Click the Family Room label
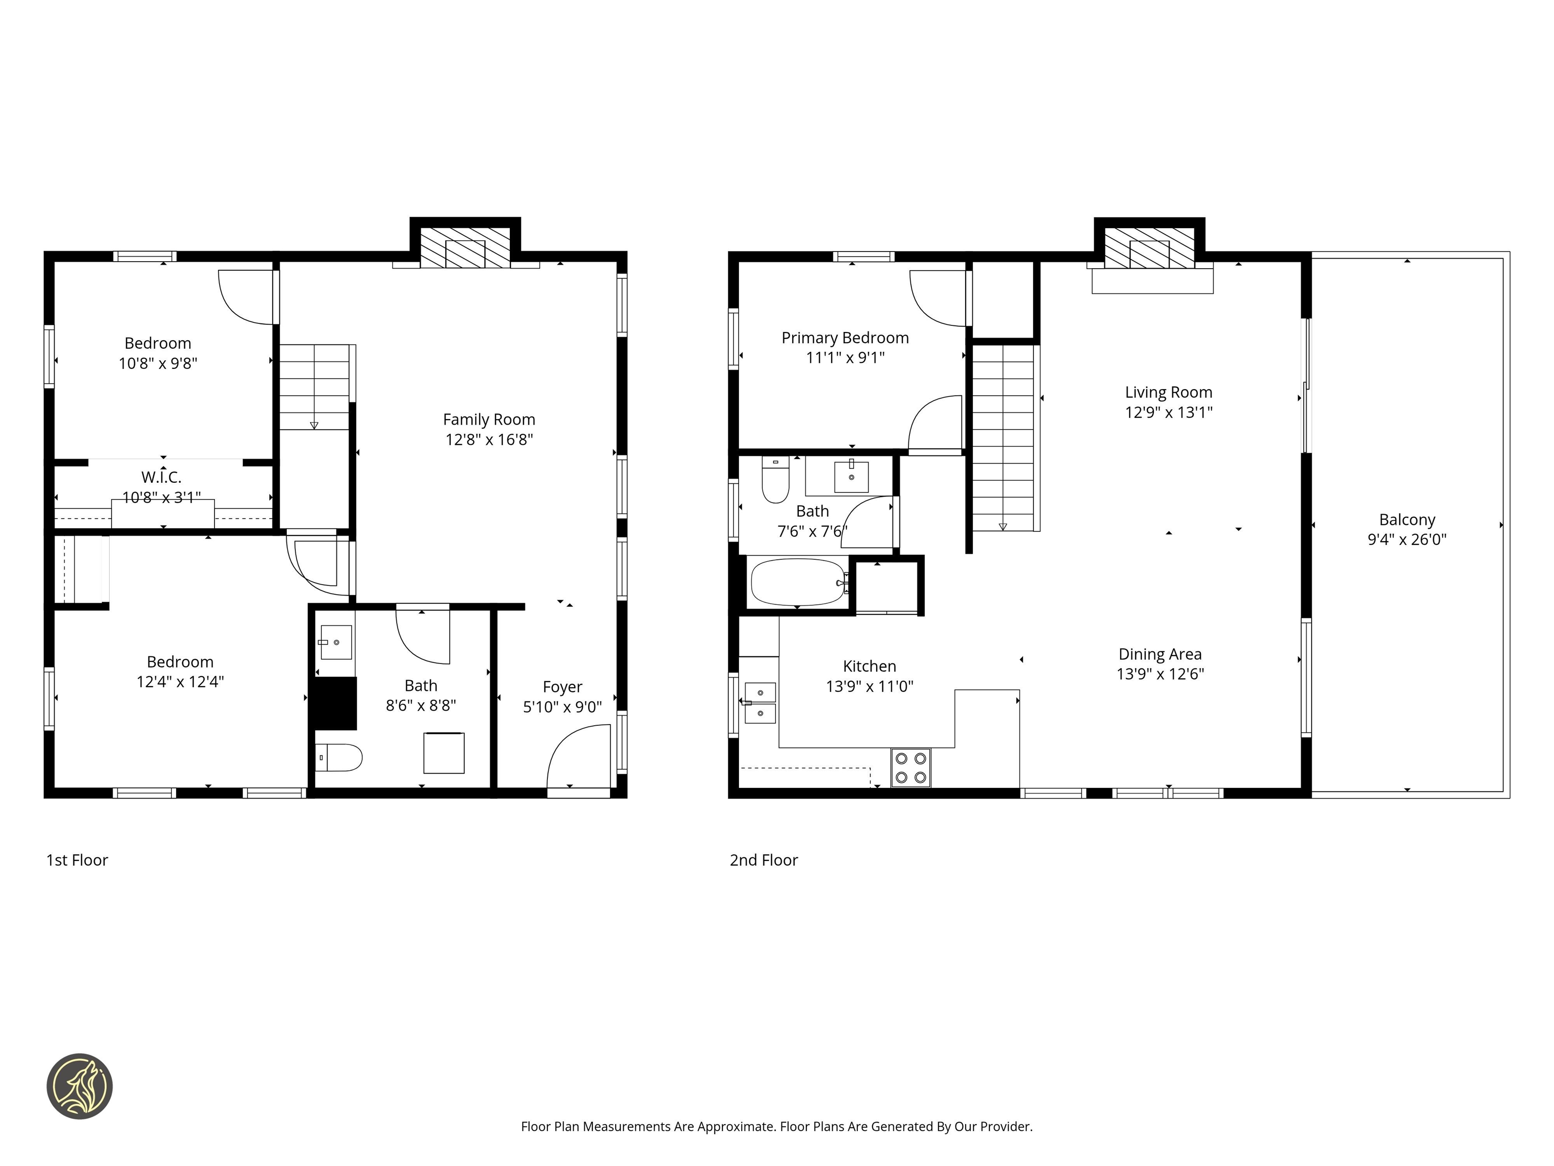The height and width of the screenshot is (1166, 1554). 489,420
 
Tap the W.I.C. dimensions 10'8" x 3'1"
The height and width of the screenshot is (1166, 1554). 161,497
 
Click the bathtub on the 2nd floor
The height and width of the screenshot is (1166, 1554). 798,582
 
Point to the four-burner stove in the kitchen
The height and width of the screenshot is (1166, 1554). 911,768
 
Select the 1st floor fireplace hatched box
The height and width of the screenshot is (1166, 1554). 465,247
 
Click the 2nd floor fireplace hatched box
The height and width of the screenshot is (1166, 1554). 1149,248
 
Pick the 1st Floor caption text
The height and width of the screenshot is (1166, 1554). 77,860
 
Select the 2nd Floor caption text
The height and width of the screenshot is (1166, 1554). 764,860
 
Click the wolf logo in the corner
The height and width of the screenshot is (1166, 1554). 79,1086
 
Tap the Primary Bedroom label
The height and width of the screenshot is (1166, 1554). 845,338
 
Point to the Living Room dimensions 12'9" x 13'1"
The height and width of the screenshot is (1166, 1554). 1169,412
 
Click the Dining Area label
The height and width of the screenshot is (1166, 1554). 1160,654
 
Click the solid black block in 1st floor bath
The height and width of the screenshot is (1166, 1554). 335,703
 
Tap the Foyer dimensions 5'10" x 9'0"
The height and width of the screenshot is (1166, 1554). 562,707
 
